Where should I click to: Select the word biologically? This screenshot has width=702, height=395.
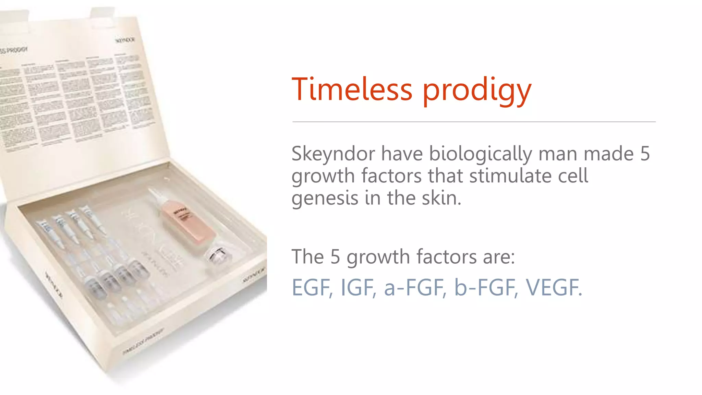click(480, 154)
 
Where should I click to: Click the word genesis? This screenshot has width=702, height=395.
click(324, 199)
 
